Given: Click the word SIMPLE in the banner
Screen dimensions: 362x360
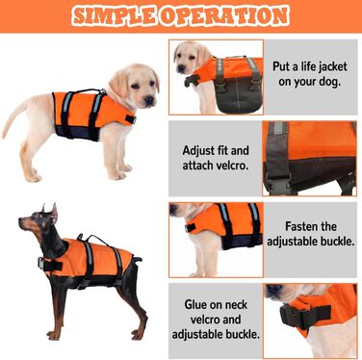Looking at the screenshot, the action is click(x=115, y=15).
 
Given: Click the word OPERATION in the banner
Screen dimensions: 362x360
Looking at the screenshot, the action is click(x=224, y=15).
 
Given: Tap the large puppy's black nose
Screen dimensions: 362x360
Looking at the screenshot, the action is click(x=149, y=100).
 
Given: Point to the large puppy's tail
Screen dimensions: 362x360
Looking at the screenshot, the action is click(x=14, y=119).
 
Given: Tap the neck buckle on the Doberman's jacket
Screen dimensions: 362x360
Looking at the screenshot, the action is click(x=41, y=264).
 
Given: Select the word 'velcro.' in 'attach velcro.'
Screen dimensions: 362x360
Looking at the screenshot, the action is click(x=232, y=166).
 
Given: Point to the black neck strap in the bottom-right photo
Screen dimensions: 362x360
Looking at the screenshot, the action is click(x=305, y=315).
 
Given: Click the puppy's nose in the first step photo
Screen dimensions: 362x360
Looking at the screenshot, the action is click(x=181, y=68).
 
